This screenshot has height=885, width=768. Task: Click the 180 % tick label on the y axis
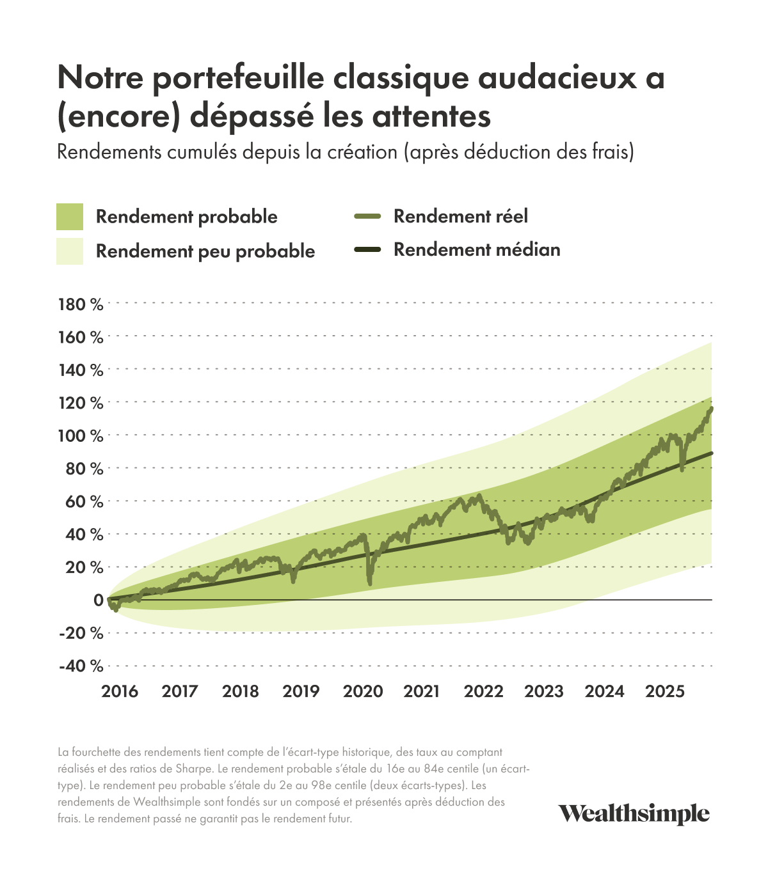pos(81,304)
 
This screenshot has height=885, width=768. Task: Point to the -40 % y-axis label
pos(81,666)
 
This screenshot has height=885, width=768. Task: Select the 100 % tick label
pos(81,436)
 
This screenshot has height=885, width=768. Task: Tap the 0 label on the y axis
pos(98,600)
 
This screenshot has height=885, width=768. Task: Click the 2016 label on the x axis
pos(120,691)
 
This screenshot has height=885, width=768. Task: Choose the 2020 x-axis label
pos(363,691)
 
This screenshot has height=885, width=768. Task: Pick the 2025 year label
pos(665,691)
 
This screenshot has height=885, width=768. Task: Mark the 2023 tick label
pos(544,691)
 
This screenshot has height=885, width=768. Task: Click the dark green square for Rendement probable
pos(70,217)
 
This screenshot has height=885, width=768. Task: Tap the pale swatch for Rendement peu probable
pos(70,251)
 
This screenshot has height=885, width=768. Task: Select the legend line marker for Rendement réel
pos(367,217)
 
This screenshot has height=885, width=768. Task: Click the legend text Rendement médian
pos(477,249)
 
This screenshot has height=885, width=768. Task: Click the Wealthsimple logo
pos(634,814)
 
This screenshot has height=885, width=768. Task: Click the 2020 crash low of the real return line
pos(369,583)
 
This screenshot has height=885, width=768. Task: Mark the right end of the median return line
pos(712,453)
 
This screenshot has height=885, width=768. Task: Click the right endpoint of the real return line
pos(712,408)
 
